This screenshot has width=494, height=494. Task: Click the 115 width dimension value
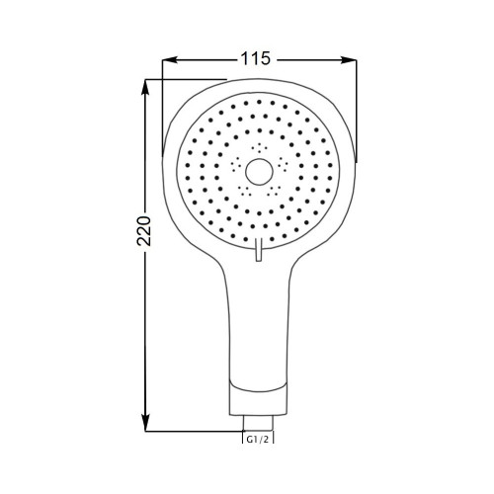tap(256, 59)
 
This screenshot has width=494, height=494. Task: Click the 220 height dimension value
tap(144, 231)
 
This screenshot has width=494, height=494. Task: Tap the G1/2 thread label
tap(258, 439)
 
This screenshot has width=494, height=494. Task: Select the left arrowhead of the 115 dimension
tap(170, 59)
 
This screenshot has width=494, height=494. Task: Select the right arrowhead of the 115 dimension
tap(349, 59)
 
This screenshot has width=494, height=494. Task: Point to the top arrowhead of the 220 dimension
tap(145, 87)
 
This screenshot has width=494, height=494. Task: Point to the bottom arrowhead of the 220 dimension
tap(145, 423)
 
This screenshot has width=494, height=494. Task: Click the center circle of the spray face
tap(259, 172)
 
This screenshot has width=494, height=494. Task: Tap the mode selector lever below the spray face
tap(259, 250)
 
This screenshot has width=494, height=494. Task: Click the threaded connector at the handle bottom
tap(258, 423)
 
